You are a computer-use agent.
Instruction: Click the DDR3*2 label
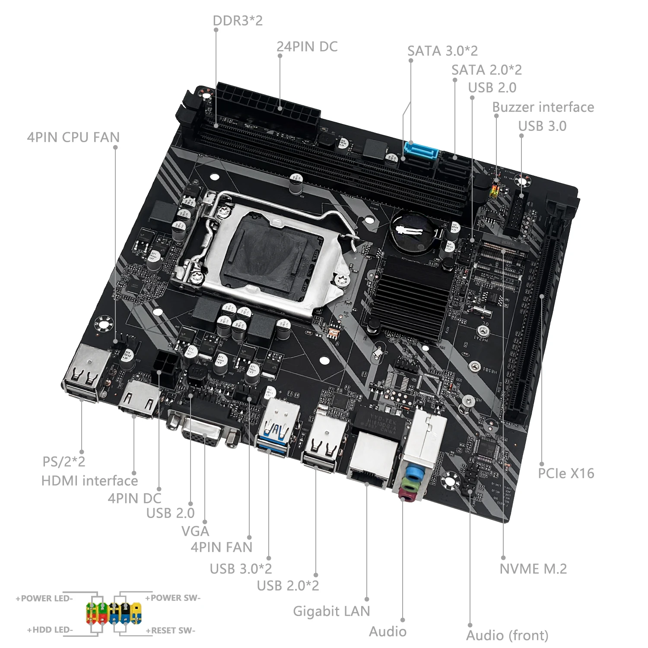[x=238, y=20]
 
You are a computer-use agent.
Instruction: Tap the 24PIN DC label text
[x=307, y=47]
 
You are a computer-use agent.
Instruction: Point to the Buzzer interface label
[x=543, y=107]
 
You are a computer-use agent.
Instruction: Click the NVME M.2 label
[x=533, y=569]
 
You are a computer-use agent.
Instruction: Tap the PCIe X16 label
[x=566, y=473]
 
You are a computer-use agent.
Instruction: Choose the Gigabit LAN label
[x=331, y=611]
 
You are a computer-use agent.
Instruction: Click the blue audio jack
[x=414, y=473]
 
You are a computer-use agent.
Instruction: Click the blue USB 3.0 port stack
[x=276, y=426]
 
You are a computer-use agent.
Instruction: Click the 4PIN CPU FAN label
[x=73, y=137]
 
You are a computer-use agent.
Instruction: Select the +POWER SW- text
[x=173, y=598]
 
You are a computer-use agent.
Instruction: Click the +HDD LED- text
[x=50, y=630]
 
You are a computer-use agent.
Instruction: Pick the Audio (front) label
[x=507, y=635]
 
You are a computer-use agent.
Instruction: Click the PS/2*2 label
[x=64, y=461]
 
